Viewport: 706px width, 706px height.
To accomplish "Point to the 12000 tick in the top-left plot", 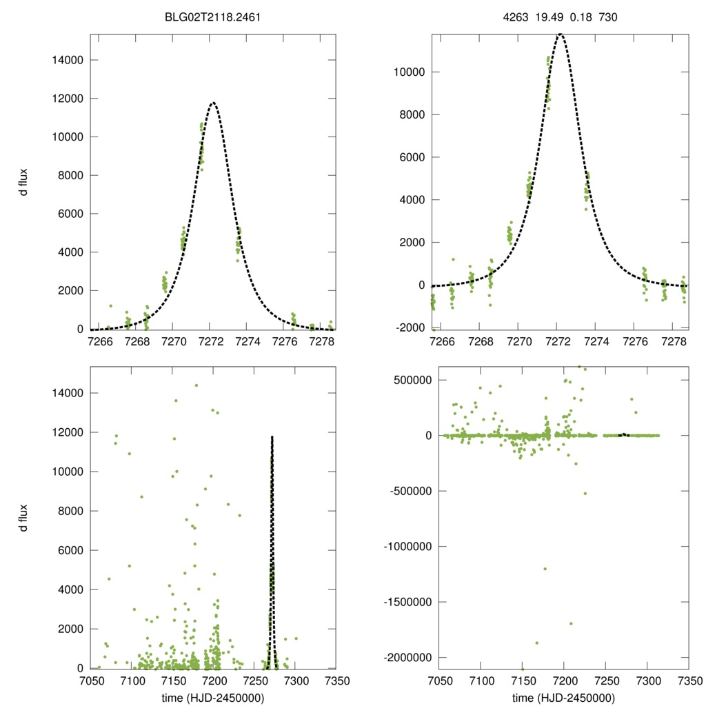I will click(x=68, y=99).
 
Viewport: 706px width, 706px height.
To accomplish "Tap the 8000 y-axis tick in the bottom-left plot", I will click(x=70, y=511).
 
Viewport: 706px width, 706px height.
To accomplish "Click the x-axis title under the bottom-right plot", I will click(x=563, y=696).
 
